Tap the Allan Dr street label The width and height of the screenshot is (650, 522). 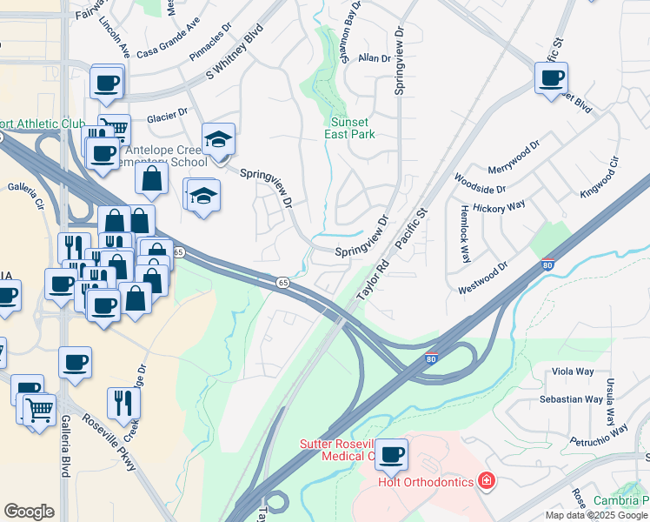click(375, 58)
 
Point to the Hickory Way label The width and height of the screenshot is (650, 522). click(504, 205)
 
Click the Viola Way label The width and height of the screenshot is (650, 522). click(573, 371)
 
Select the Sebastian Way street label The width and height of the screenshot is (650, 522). click(571, 399)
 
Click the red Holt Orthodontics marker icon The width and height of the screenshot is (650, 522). click(487, 481)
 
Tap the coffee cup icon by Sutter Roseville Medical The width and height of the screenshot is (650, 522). click(391, 452)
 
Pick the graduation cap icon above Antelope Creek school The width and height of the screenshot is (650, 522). click(218, 138)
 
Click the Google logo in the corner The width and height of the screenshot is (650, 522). click(29, 512)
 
